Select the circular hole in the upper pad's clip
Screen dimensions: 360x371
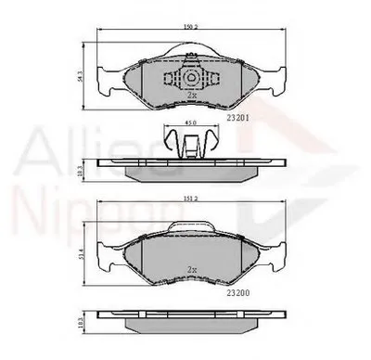[x=189, y=78]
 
